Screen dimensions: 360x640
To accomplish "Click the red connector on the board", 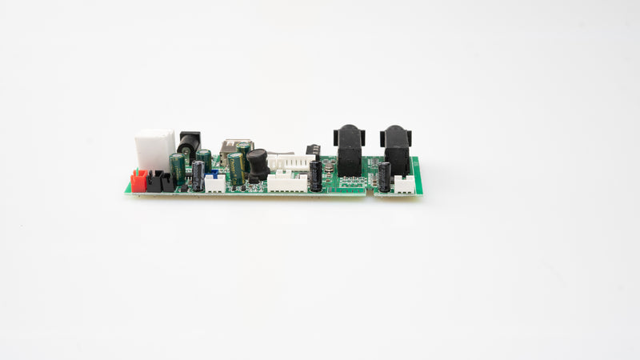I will pyautogui.click(x=138, y=182).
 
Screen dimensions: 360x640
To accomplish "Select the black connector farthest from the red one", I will pyautogui.click(x=166, y=183).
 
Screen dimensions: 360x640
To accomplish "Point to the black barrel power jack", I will pyautogui.click(x=189, y=146).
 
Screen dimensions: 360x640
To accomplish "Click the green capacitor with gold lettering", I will pyautogui.click(x=236, y=168).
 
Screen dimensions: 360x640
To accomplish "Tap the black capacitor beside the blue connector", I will pyautogui.click(x=198, y=175).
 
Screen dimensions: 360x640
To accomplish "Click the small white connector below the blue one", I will pyautogui.click(x=214, y=184).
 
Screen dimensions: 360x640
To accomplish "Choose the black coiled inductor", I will pyautogui.click(x=257, y=163).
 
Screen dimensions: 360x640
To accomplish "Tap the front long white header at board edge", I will pyautogui.click(x=287, y=182).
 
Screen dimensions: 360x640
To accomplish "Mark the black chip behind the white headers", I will pyautogui.click(x=313, y=150).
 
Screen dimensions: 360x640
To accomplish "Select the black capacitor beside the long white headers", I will pyautogui.click(x=316, y=176).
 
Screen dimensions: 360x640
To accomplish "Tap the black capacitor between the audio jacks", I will pyautogui.click(x=385, y=177).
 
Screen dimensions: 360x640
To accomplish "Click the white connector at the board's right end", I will pyautogui.click(x=404, y=184).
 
